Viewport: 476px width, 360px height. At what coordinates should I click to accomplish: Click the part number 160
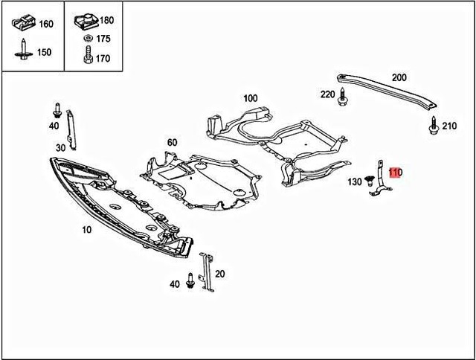click(x=46, y=24)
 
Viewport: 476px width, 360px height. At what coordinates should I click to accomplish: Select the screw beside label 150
click(x=24, y=50)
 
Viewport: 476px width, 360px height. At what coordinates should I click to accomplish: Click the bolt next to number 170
click(x=88, y=56)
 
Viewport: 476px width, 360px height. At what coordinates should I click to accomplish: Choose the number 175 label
click(x=103, y=39)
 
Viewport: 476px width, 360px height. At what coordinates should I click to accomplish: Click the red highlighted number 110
click(x=395, y=173)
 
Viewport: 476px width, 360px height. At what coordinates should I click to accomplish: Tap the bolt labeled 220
click(x=344, y=95)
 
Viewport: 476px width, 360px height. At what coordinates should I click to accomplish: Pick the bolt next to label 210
click(x=433, y=126)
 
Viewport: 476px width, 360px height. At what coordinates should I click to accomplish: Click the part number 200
click(x=399, y=77)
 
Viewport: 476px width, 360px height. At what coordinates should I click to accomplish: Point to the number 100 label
click(x=250, y=98)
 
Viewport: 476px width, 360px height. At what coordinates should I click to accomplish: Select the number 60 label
click(x=172, y=142)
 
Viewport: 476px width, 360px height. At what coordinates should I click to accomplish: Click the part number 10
click(x=87, y=230)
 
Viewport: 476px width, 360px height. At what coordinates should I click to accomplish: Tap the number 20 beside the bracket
click(x=219, y=274)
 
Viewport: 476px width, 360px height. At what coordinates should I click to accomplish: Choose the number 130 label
click(x=355, y=182)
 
